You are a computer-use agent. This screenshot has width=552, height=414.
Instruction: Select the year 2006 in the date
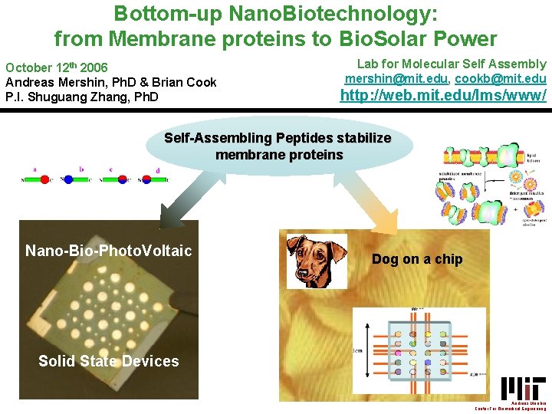[x=92, y=67]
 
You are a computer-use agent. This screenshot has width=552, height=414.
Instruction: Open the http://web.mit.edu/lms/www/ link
[x=443, y=96]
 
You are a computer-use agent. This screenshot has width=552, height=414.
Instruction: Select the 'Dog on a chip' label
[x=417, y=259]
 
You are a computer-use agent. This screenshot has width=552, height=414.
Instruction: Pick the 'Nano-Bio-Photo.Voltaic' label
[x=108, y=251]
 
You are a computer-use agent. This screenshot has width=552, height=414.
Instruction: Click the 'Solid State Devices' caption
[x=108, y=361]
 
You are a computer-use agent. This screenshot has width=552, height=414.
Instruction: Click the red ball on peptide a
[x=45, y=179]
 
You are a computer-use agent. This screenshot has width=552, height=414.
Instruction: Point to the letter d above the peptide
[x=158, y=169]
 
